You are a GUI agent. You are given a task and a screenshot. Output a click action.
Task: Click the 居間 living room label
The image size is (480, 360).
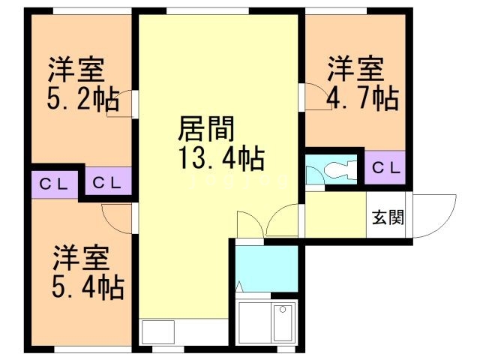[205, 130]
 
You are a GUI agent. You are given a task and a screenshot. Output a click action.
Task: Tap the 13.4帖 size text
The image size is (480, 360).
[220, 159]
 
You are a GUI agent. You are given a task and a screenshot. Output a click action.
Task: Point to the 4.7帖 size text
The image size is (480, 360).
[362, 97]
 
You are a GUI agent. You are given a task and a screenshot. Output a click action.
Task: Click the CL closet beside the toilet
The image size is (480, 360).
[385, 167]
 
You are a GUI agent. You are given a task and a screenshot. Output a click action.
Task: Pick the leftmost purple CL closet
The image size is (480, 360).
[55, 182]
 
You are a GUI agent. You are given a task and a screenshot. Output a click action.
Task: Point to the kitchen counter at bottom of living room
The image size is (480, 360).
[157, 331]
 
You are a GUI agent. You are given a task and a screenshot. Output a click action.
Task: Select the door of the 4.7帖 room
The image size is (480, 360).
[314, 98]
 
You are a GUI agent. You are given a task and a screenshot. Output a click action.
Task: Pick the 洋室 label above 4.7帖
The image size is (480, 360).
[354, 69]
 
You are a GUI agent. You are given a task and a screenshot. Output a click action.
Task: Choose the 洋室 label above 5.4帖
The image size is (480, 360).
[81, 257]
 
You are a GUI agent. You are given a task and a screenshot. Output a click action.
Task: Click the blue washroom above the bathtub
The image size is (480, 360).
[266, 268]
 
